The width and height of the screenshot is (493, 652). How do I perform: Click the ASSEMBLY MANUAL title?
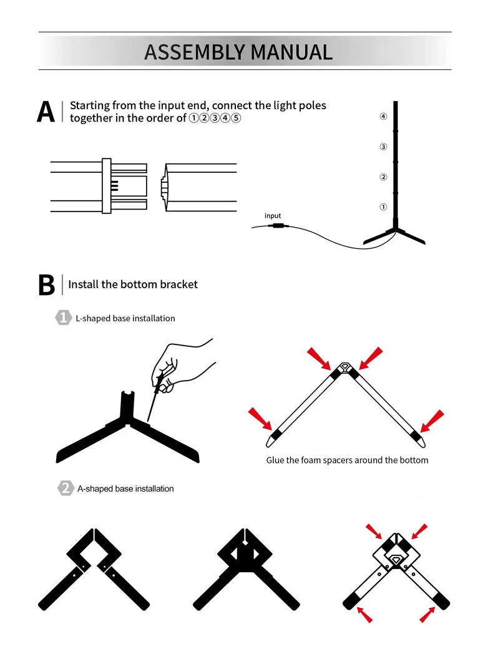[238, 52]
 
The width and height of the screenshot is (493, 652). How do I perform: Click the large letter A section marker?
[46, 111]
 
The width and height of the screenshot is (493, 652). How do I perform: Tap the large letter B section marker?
[46, 285]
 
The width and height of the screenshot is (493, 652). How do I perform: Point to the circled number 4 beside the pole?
[383, 117]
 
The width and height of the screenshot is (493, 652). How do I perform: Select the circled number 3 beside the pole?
[383, 147]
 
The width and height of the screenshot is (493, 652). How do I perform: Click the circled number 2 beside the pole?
[383, 177]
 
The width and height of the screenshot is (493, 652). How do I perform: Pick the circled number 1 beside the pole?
[383, 207]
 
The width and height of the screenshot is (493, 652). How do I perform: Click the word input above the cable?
[273, 216]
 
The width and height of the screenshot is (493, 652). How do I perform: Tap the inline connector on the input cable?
[277, 225]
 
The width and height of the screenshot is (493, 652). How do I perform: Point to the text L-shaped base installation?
[125, 318]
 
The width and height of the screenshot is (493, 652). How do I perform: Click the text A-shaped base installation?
[125, 489]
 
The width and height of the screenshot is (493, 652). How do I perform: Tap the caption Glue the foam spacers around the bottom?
[347, 460]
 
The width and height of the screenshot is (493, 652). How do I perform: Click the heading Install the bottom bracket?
[133, 285]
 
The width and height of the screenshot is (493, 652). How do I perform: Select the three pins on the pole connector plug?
[114, 185]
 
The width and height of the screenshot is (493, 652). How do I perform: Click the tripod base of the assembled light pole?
[394, 234]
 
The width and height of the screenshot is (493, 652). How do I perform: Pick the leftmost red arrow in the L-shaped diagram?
[261, 420]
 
